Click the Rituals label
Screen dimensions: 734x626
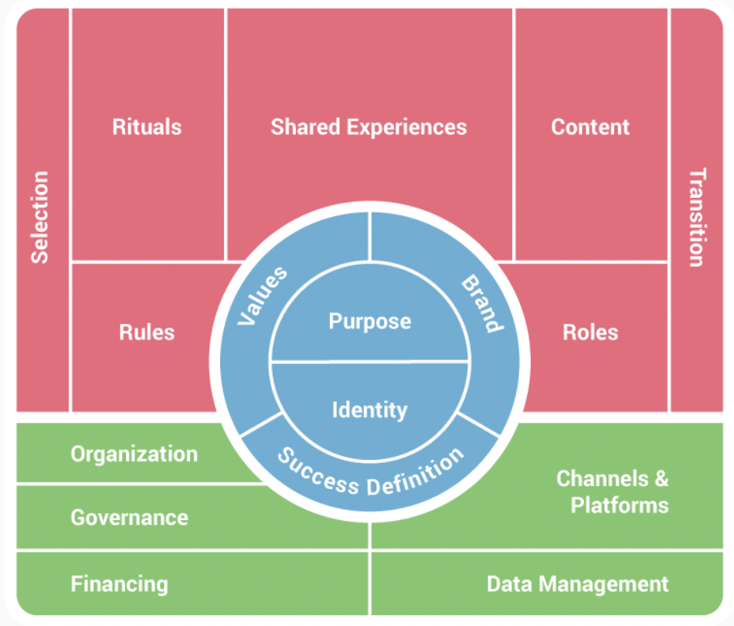coord(147,127)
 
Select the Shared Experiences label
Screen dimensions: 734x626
coord(369,128)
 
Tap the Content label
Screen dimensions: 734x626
coord(590,127)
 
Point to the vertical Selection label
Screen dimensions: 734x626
coord(39,217)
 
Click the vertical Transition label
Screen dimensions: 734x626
coord(697,217)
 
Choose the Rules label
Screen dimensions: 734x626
coord(147,332)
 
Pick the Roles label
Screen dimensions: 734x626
coord(590,332)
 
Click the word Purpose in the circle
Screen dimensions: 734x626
coord(370,322)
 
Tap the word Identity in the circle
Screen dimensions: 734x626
coord(370,410)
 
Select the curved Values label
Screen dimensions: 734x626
coord(262,295)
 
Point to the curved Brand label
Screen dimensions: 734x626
coord(483,304)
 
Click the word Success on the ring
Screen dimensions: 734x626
coord(318,472)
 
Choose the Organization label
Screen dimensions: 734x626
coord(134,454)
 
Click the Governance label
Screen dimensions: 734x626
coord(130,518)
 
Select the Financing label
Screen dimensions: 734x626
coord(119,584)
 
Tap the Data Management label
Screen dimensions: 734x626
coord(578,584)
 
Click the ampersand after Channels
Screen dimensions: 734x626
coord(661,479)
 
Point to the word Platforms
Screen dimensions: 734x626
coord(620,505)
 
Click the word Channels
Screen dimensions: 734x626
coord(603,479)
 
